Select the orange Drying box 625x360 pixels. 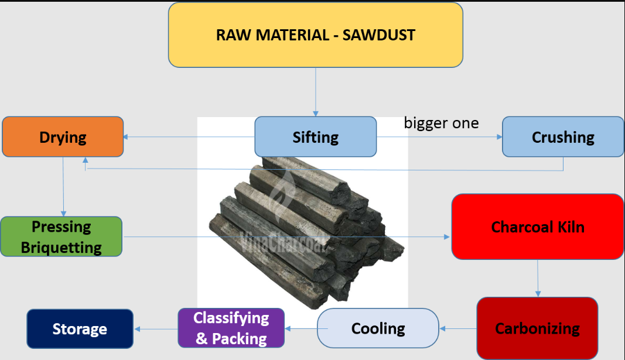point(63,137)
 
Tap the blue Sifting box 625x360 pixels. point(315,137)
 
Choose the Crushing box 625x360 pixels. point(562,137)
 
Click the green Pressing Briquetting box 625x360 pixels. point(61,236)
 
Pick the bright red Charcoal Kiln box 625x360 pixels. point(537,227)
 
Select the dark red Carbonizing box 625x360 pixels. point(537,328)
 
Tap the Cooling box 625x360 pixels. point(378,328)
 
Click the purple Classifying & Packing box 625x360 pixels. point(231,328)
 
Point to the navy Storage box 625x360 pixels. point(80,329)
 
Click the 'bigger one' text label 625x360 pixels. point(441,123)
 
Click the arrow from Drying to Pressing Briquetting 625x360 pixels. point(63,187)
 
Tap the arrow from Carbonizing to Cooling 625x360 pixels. point(457,328)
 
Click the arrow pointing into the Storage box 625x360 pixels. point(155,328)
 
